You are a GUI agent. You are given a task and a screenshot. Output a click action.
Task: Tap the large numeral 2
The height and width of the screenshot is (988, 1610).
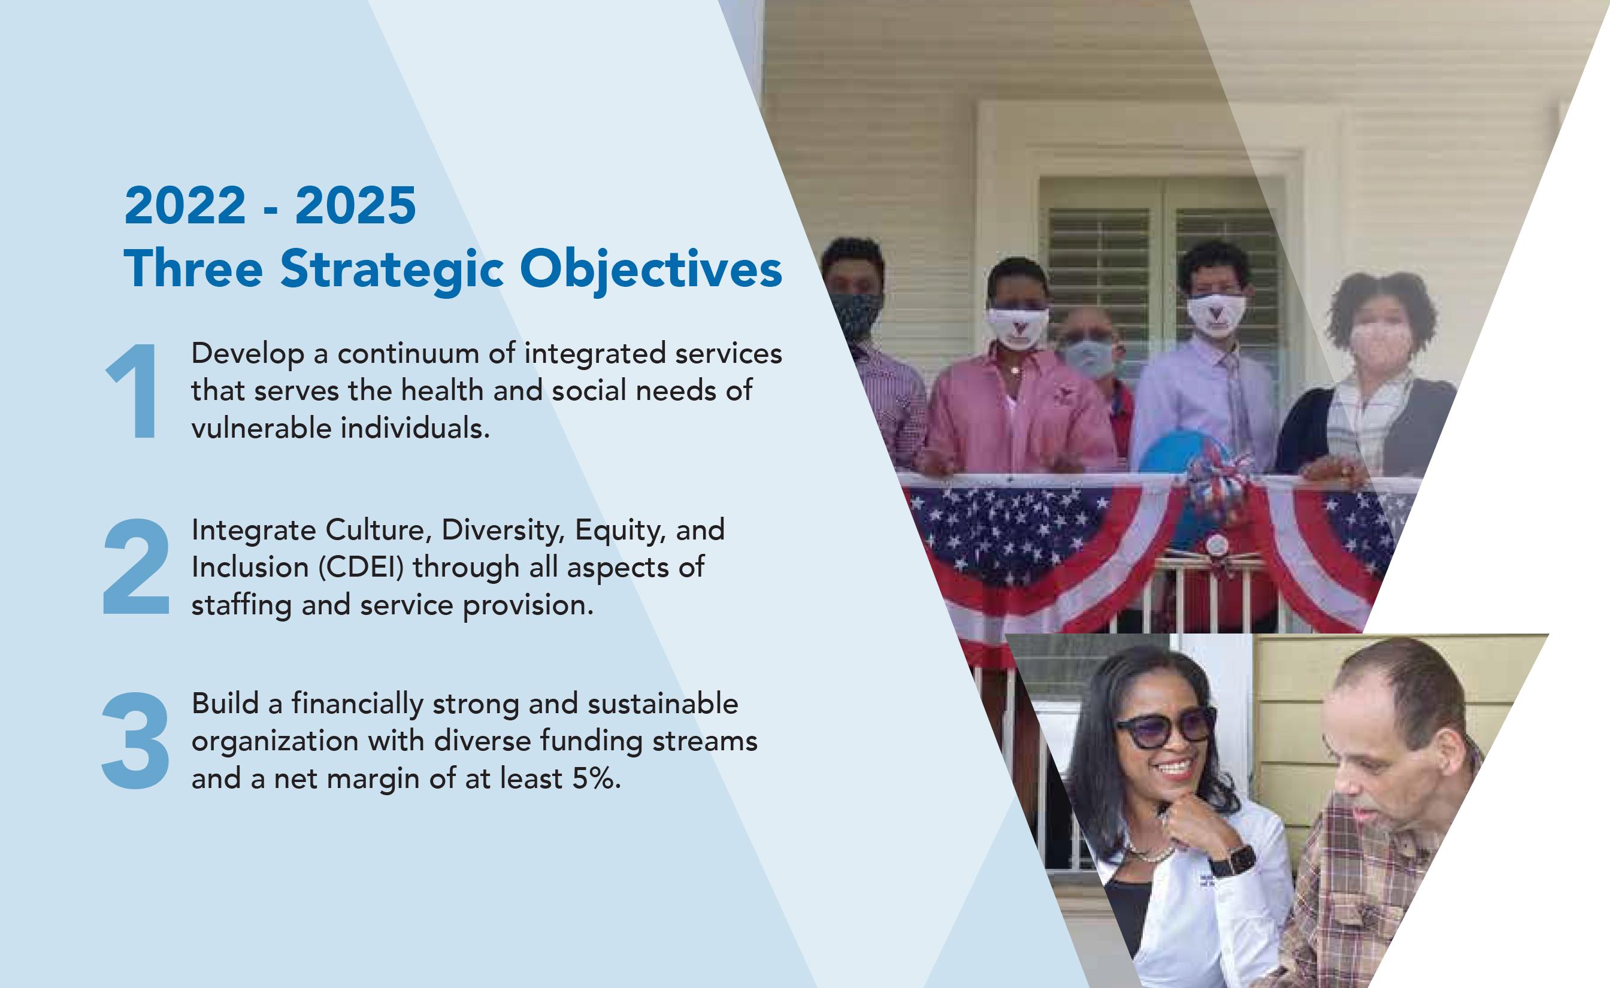tap(136, 566)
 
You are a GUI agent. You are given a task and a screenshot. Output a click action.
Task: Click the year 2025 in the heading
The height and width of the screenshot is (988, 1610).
tap(355, 205)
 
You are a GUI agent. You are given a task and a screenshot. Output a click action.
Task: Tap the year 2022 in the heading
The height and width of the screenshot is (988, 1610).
tap(185, 205)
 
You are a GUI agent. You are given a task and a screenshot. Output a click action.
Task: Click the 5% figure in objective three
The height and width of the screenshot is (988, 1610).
tap(596, 778)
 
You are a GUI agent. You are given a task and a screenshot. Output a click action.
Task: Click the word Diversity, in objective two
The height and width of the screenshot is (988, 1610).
tap(503, 530)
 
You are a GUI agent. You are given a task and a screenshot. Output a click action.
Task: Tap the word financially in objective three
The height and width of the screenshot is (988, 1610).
tap(358, 704)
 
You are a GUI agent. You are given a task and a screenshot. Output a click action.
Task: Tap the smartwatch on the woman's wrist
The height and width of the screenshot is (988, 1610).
tap(1231, 860)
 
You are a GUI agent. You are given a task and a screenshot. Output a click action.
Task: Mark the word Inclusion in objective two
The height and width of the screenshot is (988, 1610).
tap(250, 567)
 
